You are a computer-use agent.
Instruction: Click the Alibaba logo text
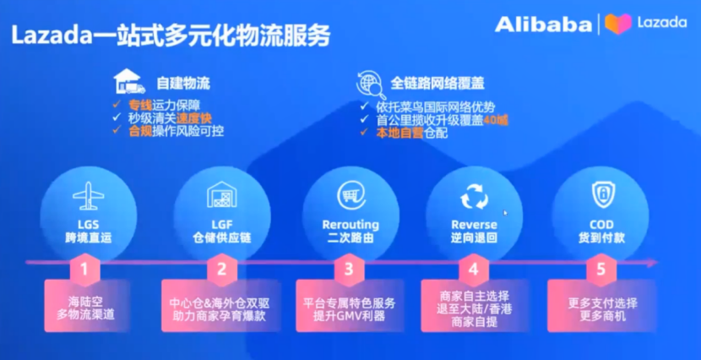(x=542, y=24)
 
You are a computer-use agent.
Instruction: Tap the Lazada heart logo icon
(x=618, y=23)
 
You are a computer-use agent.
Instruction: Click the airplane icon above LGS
(x=88, y=197)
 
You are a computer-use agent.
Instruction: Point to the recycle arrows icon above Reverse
(x=474, y=198)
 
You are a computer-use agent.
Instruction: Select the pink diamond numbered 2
(x=222, y=270)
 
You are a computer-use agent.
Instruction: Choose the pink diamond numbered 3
(x=348, y=270)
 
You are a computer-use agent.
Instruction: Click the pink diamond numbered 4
(x=474, y=270)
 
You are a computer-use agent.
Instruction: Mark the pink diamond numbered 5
(x=600, y=270)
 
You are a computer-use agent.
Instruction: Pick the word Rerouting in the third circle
(x=350, y=226)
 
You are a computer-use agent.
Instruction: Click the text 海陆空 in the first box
(x=84, y=301)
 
